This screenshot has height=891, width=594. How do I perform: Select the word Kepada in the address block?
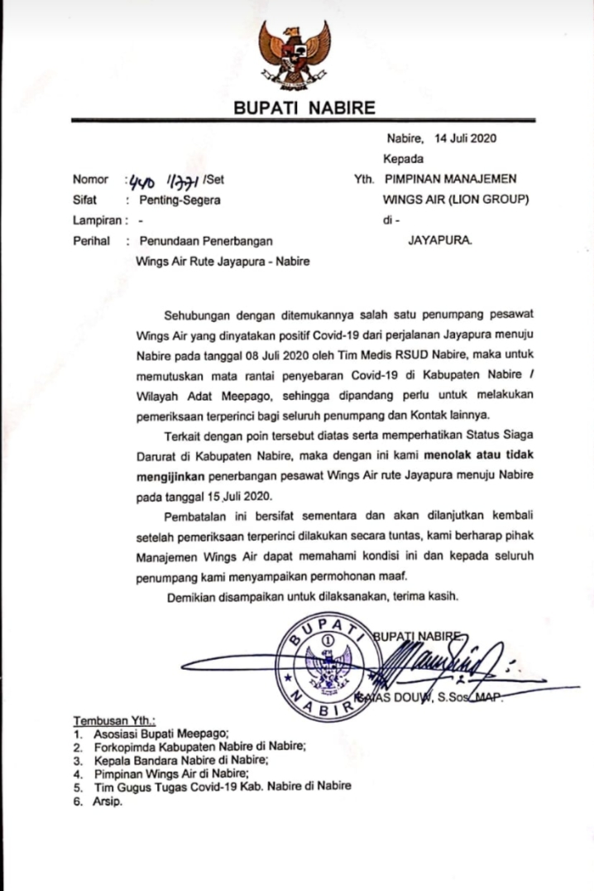(403, 159)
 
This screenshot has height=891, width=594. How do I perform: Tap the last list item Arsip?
(108, 802)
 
